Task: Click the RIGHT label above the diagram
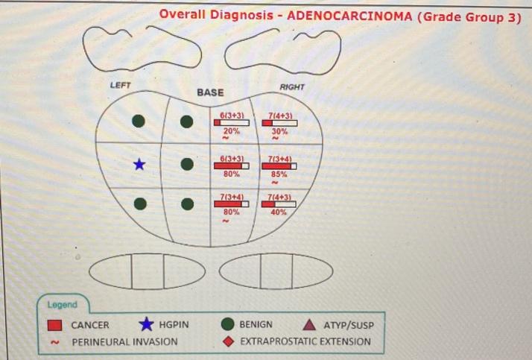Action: click(292, 87)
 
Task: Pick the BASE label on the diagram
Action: click(210, 92)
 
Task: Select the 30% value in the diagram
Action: click(279, 130)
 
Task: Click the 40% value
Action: click(279, 212)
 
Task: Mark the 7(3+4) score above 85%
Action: click(279, 159)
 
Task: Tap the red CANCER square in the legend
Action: click(54, 325)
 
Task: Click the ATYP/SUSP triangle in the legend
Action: click(309, 325)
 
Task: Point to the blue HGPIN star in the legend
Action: click(147, 324)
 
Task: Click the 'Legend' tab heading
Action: click(63, 304)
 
